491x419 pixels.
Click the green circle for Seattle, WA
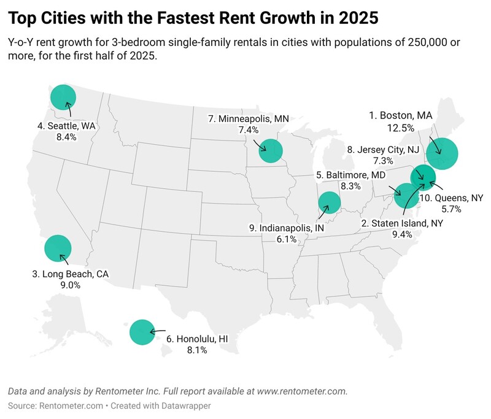coord(63,97)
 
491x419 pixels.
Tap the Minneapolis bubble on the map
coord(270,150)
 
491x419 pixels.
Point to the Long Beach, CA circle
coord(58,248)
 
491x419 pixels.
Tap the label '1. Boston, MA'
coord(400,115)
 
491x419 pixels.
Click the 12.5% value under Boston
coord(400,127)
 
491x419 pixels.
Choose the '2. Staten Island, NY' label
coord(402,224)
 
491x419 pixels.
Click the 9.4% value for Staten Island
coord(402,236)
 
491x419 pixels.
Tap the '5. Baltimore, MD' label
coord(350,175)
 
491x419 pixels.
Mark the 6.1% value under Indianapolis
coord(287,239)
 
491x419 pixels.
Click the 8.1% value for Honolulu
coord(196,350)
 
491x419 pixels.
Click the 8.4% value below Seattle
coord(66,137)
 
